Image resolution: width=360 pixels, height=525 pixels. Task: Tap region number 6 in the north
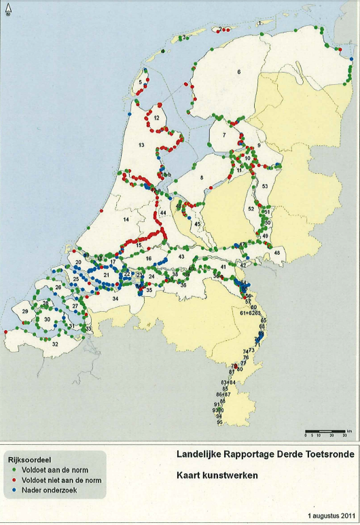click(239, 72)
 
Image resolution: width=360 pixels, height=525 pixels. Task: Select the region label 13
click(142, 145)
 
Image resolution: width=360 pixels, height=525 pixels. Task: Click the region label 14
click(125, 219)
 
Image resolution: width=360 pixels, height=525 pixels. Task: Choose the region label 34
click(115, 298)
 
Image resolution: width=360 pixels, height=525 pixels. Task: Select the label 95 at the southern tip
click(219, 422)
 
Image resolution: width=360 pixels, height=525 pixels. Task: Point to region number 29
click(25, 311)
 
